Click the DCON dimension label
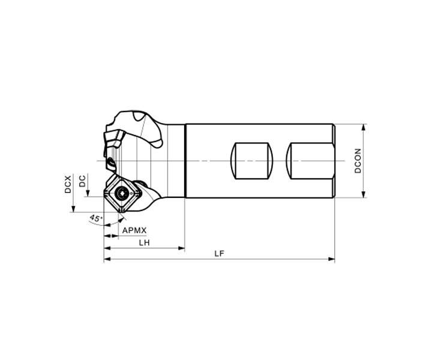358,161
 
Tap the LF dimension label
220,254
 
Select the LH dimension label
145,242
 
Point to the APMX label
134,230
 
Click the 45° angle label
96,218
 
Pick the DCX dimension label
68,184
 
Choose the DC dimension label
82,181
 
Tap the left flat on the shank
251,161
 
